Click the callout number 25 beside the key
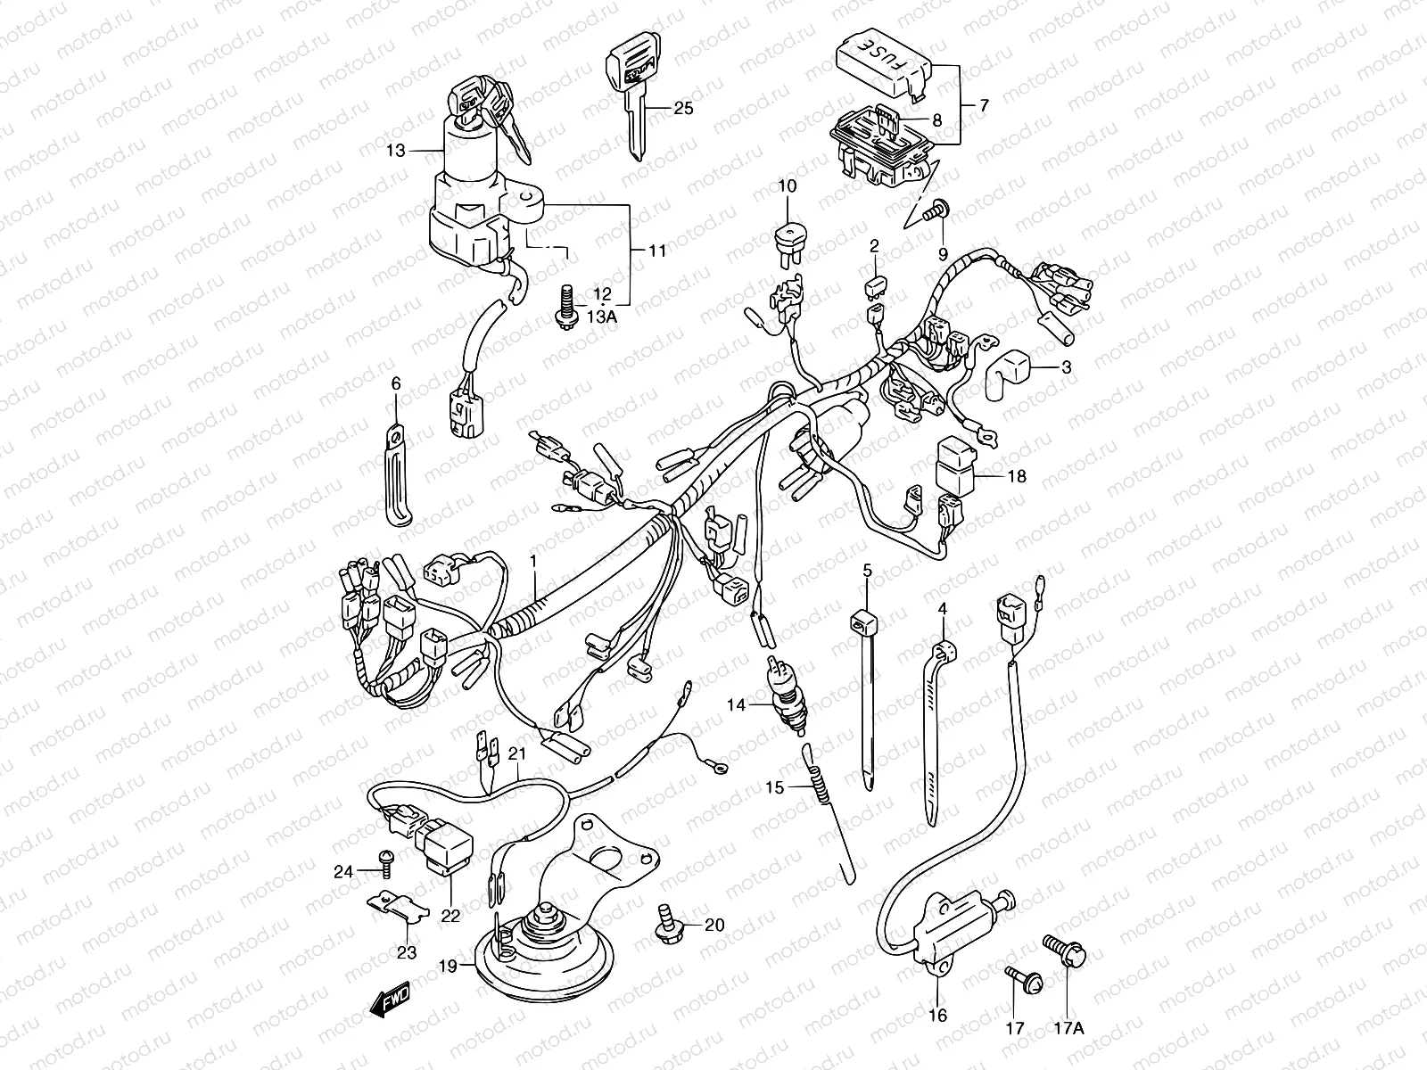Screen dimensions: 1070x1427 682,109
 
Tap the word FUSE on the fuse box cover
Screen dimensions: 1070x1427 878,56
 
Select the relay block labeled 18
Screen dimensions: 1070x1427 954,469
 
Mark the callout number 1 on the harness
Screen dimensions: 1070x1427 533,561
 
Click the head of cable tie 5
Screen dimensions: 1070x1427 862,618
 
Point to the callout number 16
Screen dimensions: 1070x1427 938,1014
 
